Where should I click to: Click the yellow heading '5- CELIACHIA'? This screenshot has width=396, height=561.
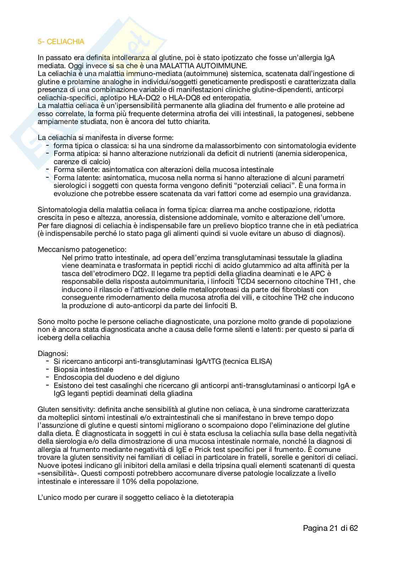[x=61, y=42]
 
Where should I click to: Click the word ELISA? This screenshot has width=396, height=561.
[x=260, y=362]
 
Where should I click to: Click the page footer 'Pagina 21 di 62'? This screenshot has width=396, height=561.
[x=330, y=528]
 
